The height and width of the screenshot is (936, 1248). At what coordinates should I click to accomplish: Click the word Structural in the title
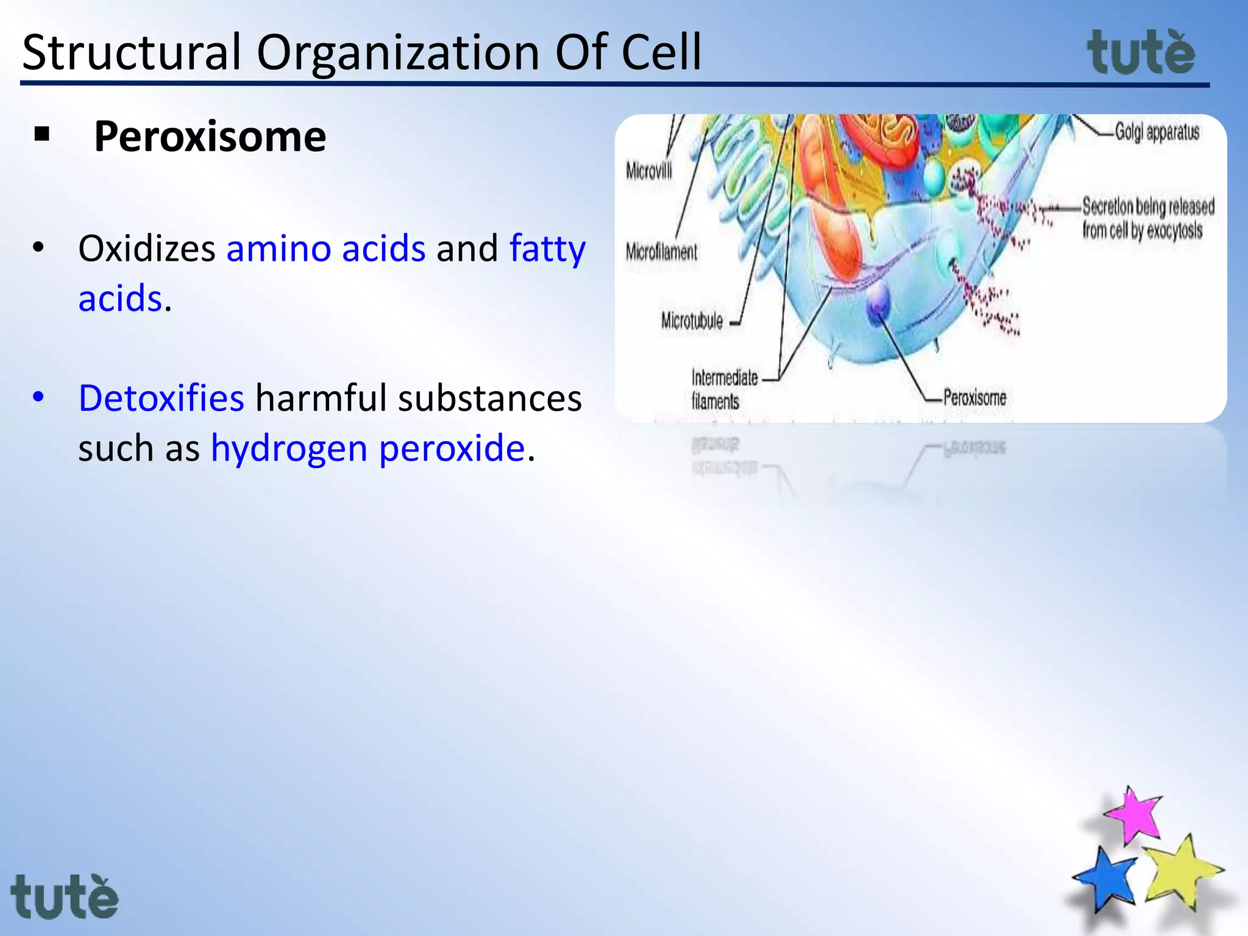point(131,53)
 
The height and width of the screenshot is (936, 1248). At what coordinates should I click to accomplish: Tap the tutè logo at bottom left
point(64,897)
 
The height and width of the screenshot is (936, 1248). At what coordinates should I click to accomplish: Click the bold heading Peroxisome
point(210,136)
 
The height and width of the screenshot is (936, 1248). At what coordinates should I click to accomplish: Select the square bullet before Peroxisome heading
point(42,133)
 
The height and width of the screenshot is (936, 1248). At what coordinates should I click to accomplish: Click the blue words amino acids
point(326,249)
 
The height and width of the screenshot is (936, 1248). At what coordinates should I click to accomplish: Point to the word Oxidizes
point(147,249)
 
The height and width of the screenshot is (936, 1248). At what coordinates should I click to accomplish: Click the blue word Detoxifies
point(161,399)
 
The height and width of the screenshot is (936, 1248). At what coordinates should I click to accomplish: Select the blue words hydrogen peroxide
point(367,448)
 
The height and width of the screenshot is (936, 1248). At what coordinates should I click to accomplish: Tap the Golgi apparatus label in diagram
point(1157,132)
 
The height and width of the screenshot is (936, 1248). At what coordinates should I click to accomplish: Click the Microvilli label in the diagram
point(649,171)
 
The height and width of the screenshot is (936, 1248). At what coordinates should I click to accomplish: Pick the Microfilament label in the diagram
point(661,252)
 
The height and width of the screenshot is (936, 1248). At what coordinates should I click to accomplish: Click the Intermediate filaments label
point(723,389)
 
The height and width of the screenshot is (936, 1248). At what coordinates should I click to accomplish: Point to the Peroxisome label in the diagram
point(974,398)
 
